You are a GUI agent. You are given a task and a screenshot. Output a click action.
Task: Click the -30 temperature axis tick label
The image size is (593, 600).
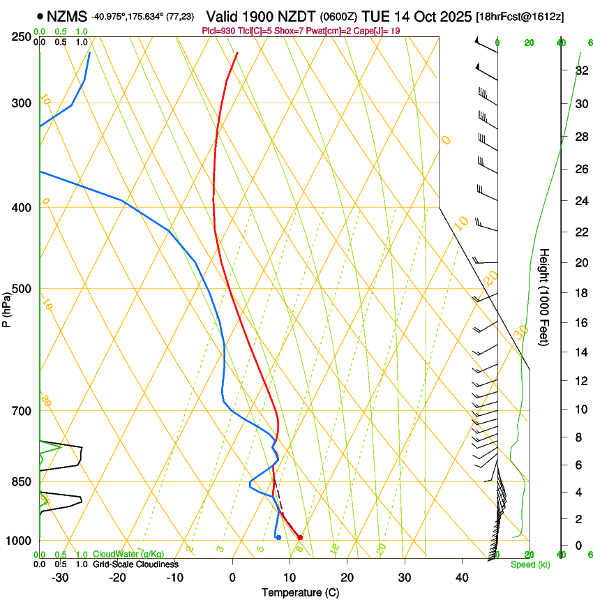click(59, 577)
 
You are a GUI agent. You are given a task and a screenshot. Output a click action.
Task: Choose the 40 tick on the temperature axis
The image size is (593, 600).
click(461, 577)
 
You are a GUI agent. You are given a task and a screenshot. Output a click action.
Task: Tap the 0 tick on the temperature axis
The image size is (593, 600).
click(232, 577)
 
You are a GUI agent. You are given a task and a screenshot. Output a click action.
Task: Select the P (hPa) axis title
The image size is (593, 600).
click(8, 307)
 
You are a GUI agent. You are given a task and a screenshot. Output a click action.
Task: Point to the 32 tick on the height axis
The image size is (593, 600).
click(562, 70)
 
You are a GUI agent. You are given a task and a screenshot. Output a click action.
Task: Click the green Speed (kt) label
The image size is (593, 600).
click(530, 564)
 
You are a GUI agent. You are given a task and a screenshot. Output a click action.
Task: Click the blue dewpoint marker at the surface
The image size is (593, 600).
click(278, 537)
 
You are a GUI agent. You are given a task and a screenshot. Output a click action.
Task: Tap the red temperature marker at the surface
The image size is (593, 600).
click(300, 537)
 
